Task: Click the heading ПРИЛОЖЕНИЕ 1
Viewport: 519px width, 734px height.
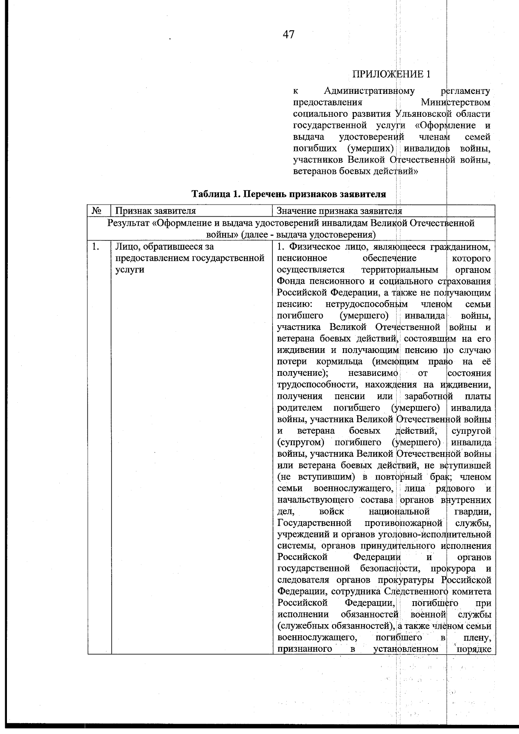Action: point(391,74)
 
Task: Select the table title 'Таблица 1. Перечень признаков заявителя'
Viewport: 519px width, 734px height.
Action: point(288,194)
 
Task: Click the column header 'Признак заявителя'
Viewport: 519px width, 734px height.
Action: point(155,211)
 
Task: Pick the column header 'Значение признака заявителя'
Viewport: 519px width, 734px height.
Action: point(339,211)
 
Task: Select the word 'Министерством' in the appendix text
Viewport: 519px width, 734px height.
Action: point(455,103)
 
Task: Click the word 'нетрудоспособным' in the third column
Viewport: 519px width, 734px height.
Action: point(366,304)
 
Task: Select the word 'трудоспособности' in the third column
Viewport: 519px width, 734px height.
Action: point(318,385)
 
